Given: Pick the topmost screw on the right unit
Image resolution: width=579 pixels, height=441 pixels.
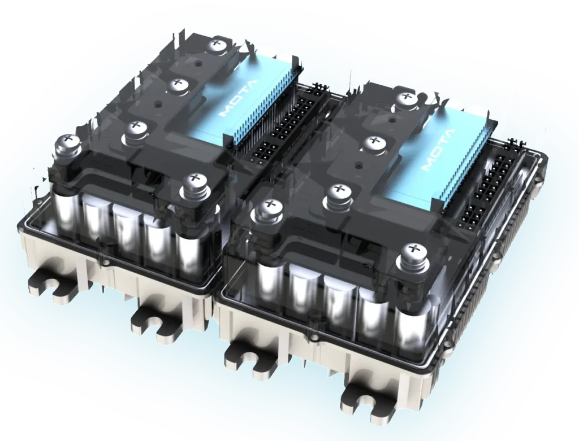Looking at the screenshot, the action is point(407,97).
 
